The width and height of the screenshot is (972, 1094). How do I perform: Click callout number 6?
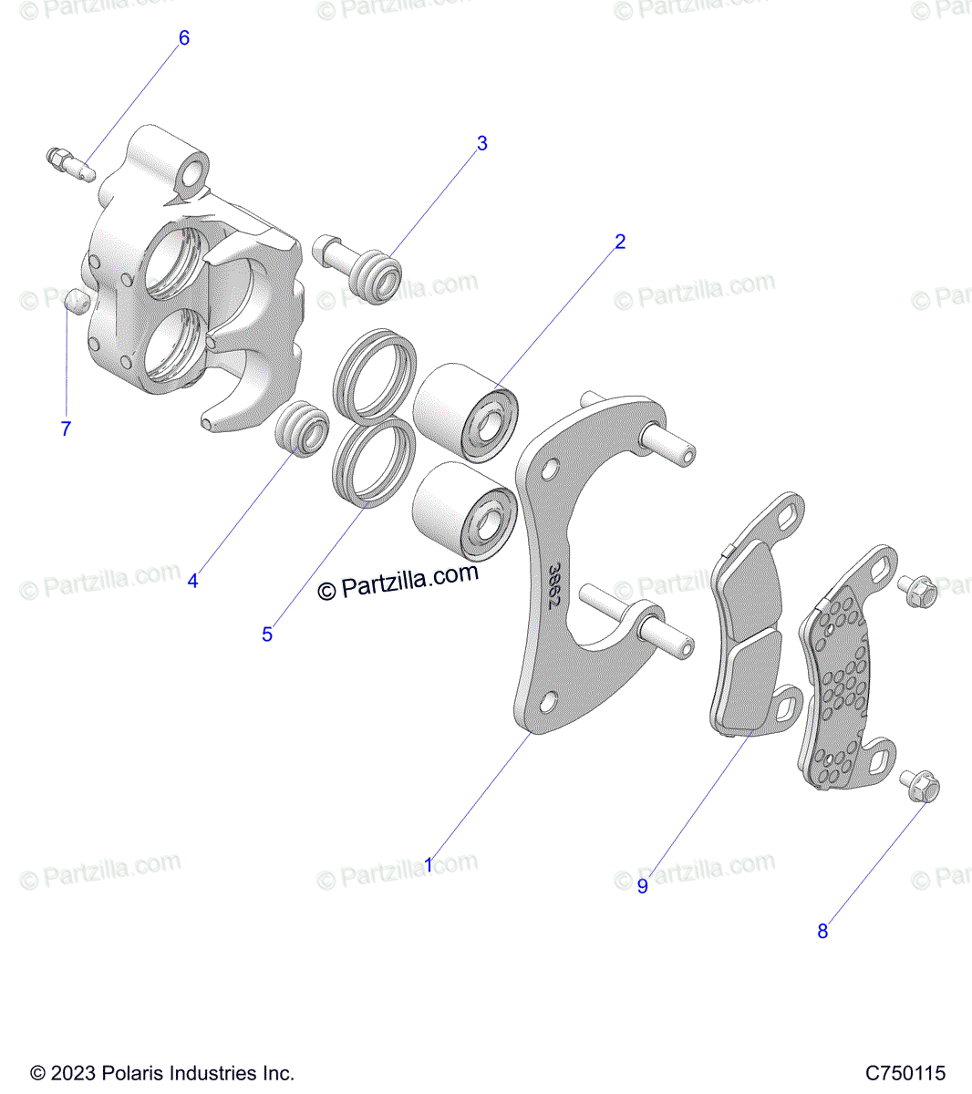(184, 37)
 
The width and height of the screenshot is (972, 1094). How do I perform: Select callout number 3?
(482, 143)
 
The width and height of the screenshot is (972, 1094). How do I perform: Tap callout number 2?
(620, 242)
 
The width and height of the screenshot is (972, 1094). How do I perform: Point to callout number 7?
(66, 428)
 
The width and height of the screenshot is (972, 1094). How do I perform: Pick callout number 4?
(192, 581)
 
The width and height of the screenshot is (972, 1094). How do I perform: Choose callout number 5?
(267, 634)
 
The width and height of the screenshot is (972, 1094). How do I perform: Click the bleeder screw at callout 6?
(71, 164)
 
